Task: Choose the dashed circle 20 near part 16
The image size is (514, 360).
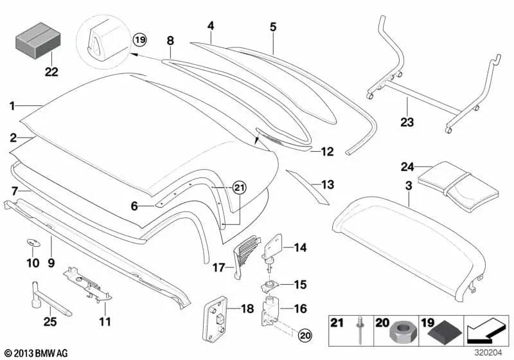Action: click(x=305, y=334)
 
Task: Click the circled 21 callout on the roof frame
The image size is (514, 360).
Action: click(x=239, y=187)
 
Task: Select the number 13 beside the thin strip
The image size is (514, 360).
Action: click(x=328, y=185)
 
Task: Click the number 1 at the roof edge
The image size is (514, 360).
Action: click(x=13, y=104)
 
